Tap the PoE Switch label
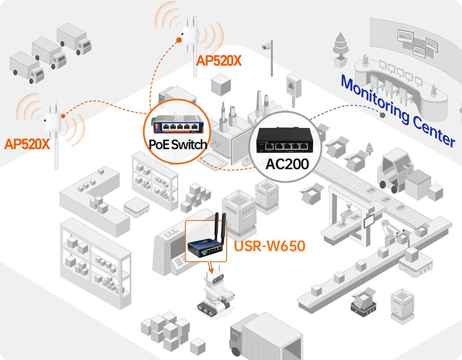[178, 144]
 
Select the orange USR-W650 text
[269, 246]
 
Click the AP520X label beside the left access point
[27, 144]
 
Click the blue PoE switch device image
[178, 123]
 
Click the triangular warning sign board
[293, 84]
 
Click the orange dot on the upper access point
[179, 39]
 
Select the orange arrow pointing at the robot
[211, 269]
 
